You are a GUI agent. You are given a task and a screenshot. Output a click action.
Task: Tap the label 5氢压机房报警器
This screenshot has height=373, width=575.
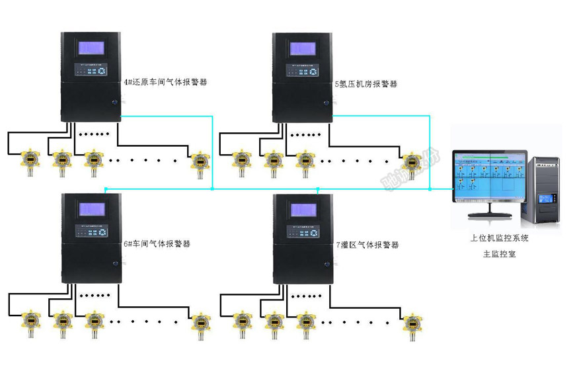(365, 84)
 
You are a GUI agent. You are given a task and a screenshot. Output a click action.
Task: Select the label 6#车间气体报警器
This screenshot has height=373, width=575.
(157, 243)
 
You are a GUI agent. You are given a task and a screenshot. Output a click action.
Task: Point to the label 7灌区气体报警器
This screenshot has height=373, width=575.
(367, 245)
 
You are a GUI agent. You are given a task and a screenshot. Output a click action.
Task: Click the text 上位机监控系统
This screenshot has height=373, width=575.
(499, 238)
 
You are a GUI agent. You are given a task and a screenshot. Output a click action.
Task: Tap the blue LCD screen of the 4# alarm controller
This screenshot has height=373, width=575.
(92, 48)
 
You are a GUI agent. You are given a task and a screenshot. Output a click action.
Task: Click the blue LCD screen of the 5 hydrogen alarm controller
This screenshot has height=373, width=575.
(303, 48)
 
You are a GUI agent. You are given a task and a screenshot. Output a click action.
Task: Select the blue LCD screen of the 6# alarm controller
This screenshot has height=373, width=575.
(92, 210)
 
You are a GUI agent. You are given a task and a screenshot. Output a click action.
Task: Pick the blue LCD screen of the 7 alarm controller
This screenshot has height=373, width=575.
(303, 210)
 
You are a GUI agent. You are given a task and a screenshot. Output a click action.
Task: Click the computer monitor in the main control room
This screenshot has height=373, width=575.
(489, 179)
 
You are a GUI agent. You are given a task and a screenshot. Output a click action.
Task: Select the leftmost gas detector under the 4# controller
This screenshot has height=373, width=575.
(30, 161)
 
